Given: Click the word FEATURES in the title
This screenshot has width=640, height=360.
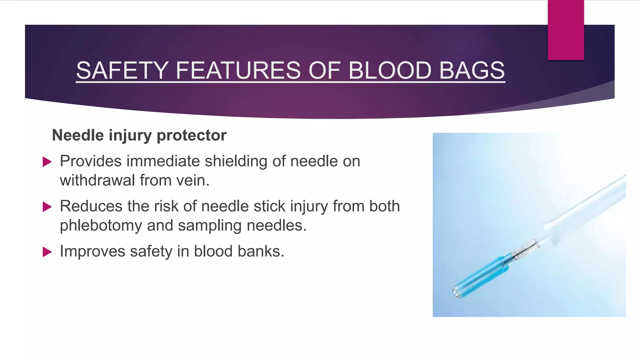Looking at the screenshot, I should (x=238, y=71).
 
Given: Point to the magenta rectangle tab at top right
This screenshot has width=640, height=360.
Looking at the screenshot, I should (x=566, y=30).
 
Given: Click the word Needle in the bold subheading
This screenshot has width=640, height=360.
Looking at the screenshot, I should (x=78, y=135).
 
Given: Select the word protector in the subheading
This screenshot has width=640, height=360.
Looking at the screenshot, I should (x=191, y=135).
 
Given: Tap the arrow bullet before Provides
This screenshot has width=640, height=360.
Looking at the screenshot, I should (x=47, y=162).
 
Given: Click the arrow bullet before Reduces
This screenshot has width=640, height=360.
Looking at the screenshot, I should (x=47, y=207).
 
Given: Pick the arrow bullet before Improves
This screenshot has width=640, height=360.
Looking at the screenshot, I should (x=47, y=252).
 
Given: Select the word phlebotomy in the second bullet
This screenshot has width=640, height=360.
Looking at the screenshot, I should (x=101, y=226).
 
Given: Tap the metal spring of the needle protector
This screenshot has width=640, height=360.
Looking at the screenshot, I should (x=525, y=250).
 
